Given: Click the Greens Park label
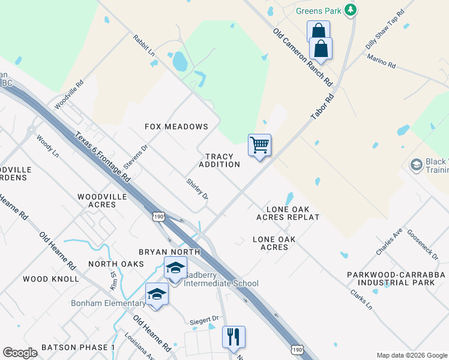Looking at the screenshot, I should pos(318,11).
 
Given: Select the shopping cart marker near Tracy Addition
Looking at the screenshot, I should pos(259,145).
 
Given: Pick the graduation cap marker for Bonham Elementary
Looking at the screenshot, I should pos(157,294).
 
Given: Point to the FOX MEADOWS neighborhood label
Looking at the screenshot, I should pos(176,127).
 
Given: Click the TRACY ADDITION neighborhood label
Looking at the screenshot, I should pos(219,160).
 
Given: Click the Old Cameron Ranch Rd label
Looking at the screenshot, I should pos(303,56).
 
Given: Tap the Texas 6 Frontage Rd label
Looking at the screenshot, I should pos(103,157).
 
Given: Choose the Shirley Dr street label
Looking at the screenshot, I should pos(197,189).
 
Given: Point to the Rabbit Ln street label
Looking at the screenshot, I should pos(144,46).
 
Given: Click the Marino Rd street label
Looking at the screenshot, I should pos(381,61).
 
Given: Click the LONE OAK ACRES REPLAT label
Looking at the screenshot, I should pos(288,212).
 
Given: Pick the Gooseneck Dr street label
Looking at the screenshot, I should pos(423,245).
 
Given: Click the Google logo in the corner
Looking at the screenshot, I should pos(20,353).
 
